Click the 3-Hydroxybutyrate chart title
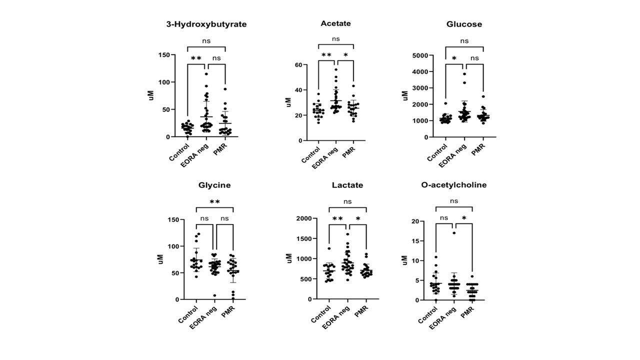(x=206, y=24)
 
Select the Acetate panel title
(x=335, y=23)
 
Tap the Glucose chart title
(x=464, y=24)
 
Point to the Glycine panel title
(x=214, y=185)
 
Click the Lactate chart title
(x=347, y=185)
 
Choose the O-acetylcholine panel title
(x=453, y=185)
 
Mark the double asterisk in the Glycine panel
(x=214, y=202)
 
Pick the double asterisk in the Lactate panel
(x=337, y=219)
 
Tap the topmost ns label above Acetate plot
(x=335, y=39)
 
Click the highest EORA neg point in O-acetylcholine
(x=453, y=232)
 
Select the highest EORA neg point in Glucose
(x=464, y=74)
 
